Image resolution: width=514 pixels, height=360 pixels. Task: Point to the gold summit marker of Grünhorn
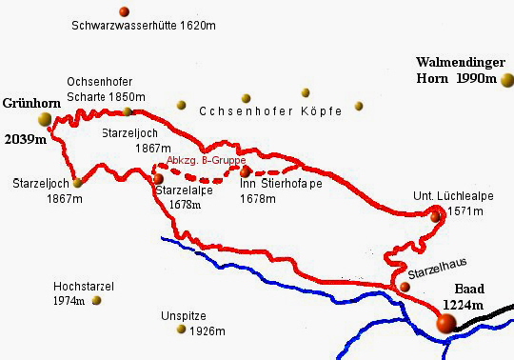pyautogui.click(x=44, y=118)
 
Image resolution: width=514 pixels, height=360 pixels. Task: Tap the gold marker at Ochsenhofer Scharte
pyautogui.click(x=127, y=111)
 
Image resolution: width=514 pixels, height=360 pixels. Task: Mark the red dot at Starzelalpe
pyautogui.click(x=159, y=177)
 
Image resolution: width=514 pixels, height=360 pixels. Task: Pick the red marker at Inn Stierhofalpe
pyautogui.click(x=246, y=172)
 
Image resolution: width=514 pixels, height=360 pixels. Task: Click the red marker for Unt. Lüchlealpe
pyautogui.click(x=436, y=216)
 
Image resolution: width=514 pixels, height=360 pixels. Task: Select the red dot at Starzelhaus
pyautogui.click(x=405, y=285)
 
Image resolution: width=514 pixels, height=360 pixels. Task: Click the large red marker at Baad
pyautogui.click(x=445, y=324)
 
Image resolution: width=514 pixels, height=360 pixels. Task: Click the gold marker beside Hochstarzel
pyautogui.click(x=96, y=300)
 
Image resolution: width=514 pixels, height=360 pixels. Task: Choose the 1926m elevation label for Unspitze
pyautogui.click(x=208, y=331)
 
